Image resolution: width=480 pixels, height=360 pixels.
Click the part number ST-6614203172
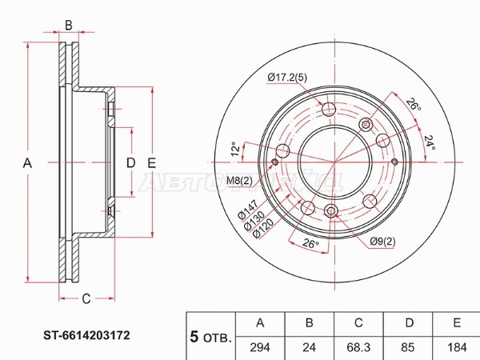(86, 335)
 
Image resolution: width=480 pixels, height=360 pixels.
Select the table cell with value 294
(260, 347)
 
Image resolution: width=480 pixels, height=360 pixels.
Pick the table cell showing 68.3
(358, 347)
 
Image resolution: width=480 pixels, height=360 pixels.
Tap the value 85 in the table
(407, 347)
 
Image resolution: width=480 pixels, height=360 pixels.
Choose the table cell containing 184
(457, 347)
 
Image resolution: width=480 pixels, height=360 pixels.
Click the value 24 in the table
(309, 347)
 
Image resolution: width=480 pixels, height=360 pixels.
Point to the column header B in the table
(309, 323)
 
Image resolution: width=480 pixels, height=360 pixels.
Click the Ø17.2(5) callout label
(287, 78)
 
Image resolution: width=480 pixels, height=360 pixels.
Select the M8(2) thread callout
(239, 181)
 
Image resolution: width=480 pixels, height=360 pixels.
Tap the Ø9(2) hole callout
(382, 242)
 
